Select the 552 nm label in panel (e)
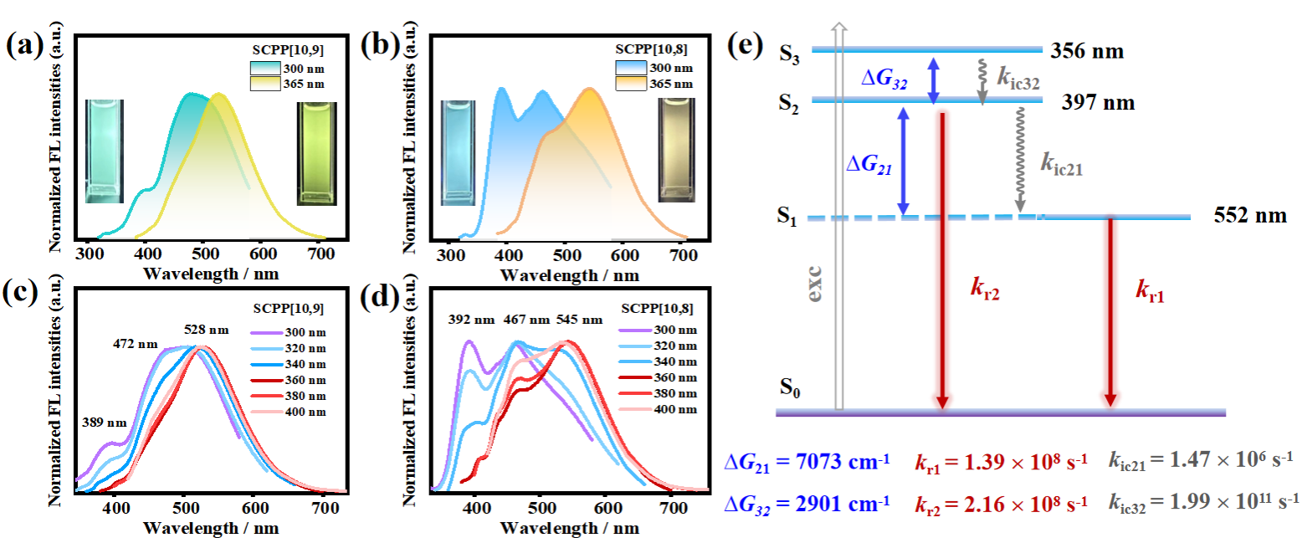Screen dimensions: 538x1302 coord(1249,217)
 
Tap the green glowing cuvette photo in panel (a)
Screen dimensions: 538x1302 coord(105,151)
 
